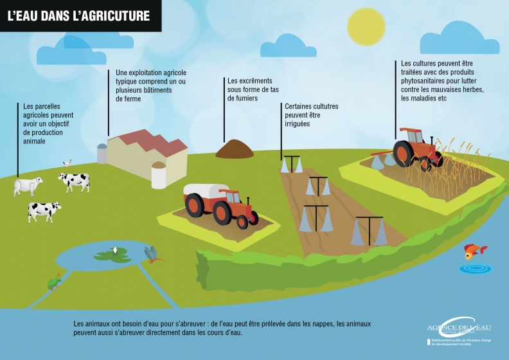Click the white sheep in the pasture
[x=28, y=186]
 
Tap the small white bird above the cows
[x=67, y=163]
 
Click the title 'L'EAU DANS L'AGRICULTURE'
[x=78, y=15]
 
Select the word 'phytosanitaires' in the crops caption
[x=427, y=82]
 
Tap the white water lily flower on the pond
[x=115, y=249]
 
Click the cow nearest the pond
[x=44, y=210]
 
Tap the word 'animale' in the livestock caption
[x=34, y=141]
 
